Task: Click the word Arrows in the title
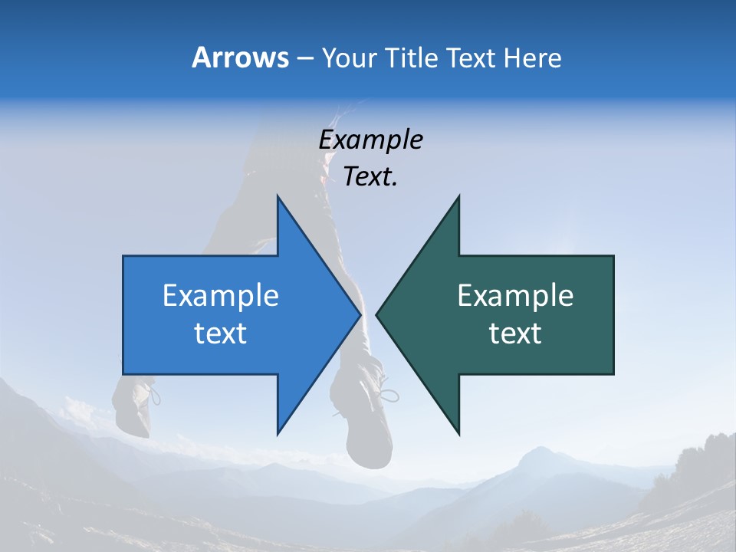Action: (240, 58)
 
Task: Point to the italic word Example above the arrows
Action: (370, 140)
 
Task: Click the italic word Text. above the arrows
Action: (370, 176)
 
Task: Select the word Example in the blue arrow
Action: (221, 295)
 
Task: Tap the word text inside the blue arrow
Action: (221, 333)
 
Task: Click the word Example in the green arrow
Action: (515, 295)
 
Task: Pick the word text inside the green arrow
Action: (515, 333)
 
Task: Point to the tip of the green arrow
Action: (377, 314)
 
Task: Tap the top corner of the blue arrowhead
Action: (278, 197)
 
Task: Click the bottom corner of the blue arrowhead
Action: (278, 433)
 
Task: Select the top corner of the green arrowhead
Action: (458, 197)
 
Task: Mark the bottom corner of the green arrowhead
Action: (458, 433)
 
